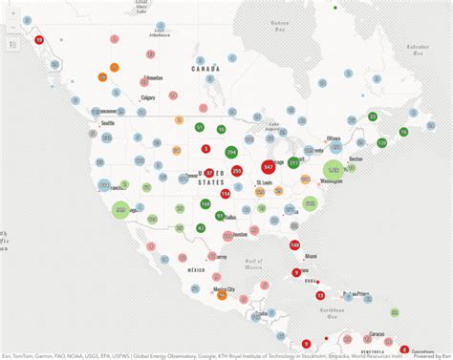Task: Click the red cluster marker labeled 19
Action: [x=39, y=40]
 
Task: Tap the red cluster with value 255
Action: [x=236, y=171]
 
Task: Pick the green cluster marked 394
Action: [x=231, y=153]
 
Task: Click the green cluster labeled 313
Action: [x=293, y=163]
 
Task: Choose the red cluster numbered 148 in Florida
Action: [x=294, y=245]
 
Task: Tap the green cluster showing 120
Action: [x=382, y=142]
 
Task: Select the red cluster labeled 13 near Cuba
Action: [x=320, y=295]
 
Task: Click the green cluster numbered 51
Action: [x=200, y=127]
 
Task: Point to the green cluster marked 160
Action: [x=205, y=203]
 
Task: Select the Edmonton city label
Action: [x=153, y=77]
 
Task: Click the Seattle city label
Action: [x=108, y=123]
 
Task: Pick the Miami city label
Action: [x=311, y=256]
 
